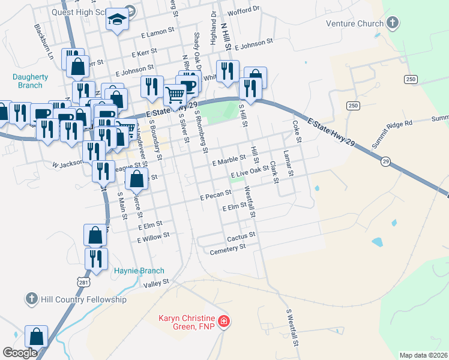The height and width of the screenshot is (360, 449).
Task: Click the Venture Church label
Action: click(354, 24)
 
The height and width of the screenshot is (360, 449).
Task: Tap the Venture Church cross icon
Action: click(393, 24)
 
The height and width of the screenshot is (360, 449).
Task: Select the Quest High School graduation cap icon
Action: click(118, 20)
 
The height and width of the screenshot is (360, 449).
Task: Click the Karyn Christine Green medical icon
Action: click(223, 322)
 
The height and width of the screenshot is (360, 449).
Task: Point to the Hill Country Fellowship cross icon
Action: click(32, 299)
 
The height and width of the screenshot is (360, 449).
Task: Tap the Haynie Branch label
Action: click(139, 271)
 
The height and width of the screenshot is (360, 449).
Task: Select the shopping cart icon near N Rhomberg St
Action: click(175, 94)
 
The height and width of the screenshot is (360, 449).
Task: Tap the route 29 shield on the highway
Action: click(385, 161)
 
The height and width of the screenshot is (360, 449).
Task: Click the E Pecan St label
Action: click(216, 194)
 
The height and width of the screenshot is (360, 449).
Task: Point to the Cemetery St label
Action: click(228, 247)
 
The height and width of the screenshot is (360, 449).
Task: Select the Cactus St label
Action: click(241, 236)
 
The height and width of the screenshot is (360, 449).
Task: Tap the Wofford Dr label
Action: click(247, 9)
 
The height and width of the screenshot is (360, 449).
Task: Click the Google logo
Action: click(20, 352)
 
